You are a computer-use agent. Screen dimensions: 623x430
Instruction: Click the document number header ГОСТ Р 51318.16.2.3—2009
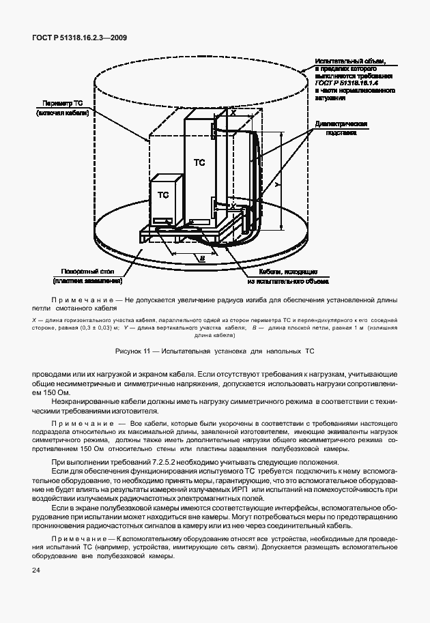(79, 38)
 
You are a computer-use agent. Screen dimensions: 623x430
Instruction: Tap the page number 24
(35, 569)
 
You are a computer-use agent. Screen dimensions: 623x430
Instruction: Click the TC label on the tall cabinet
(199, 162)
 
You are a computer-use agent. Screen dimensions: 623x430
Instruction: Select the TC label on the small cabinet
(163, 194)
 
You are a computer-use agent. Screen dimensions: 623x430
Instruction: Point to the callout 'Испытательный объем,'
(351, 61)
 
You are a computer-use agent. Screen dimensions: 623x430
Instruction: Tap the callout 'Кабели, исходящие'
(290, 271)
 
